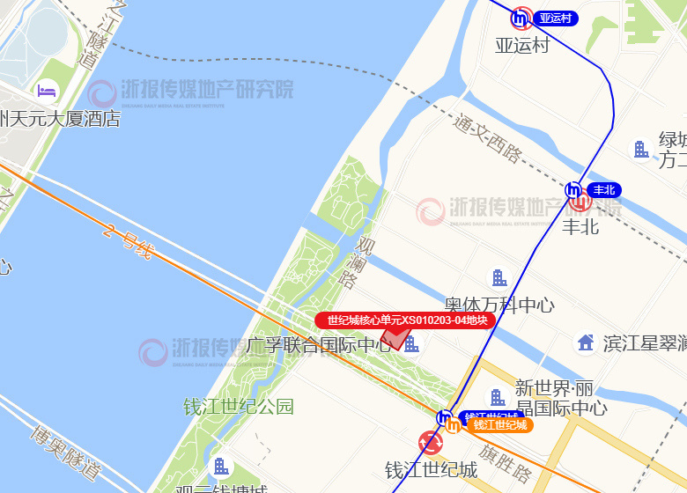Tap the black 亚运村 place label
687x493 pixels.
[x=522, y=45]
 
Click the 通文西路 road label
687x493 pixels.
[x=487, y=138]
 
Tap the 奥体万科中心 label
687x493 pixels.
[x=499, y=305]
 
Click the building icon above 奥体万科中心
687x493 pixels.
[x=499, y=278]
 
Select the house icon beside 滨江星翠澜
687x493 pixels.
[x=585, y=342]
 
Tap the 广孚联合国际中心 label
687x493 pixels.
[x=319, y=345]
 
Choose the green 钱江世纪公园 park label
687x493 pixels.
[x=238, y=407]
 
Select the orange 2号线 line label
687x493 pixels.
[x=127, y=243]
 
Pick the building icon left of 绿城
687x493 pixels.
[x=641, y=150]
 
